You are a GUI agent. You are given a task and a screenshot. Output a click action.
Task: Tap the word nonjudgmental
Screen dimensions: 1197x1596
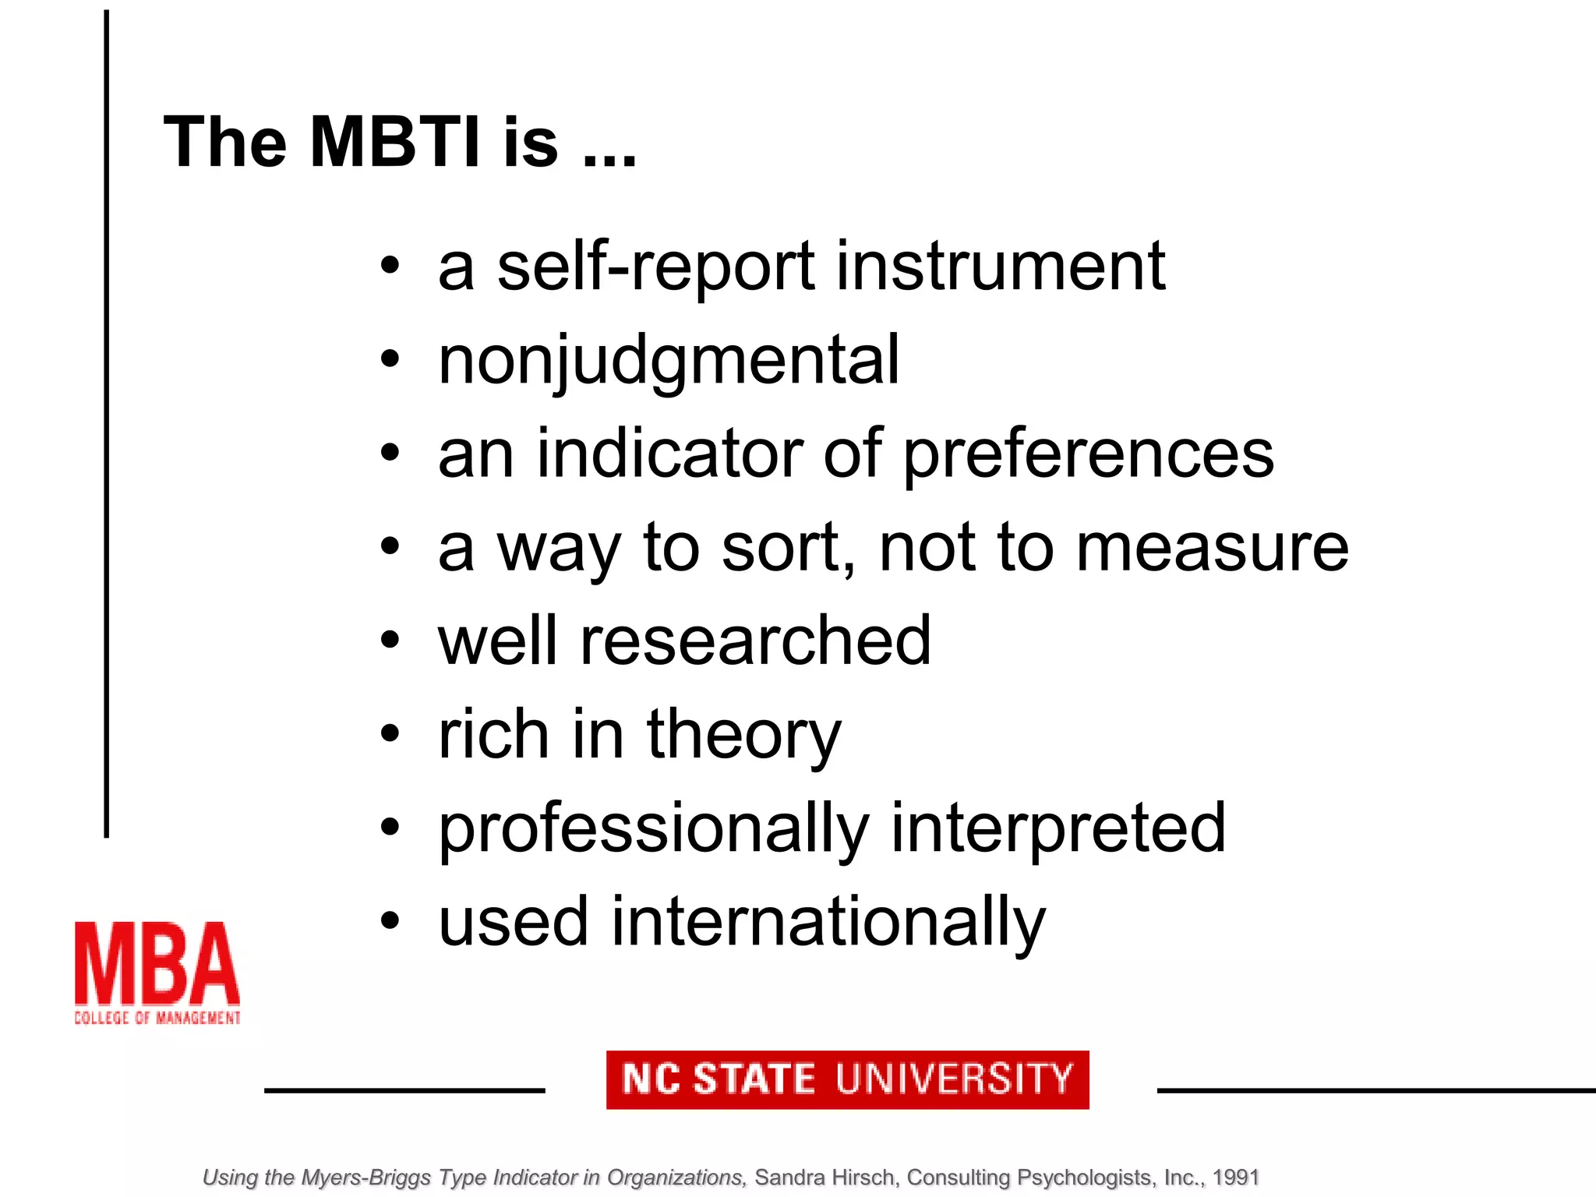tap(669, 361)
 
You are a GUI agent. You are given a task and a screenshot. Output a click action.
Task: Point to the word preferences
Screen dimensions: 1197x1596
tap(1089, 455)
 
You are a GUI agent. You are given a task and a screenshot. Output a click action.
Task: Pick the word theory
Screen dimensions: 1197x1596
tap(743, 736)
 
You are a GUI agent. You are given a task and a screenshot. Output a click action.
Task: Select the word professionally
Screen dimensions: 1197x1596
tap(653, 829)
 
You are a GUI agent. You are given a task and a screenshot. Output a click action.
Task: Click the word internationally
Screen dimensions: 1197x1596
tap(828, 923)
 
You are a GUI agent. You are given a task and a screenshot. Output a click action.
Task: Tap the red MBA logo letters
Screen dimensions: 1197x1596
tap(157, 964)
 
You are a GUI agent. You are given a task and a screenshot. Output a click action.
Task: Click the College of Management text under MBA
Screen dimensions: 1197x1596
tap(157, 1018)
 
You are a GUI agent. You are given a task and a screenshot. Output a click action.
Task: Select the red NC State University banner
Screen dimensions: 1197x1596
tap(847, 1079)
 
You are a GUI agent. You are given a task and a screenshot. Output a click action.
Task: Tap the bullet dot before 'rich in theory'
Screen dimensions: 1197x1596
tap(390, 734)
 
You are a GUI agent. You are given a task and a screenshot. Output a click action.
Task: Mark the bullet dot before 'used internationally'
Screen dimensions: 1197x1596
tap(390, 922)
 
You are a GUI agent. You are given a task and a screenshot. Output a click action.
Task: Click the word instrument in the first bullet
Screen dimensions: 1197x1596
tap(1001, 267)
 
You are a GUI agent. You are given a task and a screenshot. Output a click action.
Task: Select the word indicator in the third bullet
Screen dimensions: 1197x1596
tap(669, 455)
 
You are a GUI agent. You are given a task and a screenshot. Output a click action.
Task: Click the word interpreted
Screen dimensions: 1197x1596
tap(1058, 829)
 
